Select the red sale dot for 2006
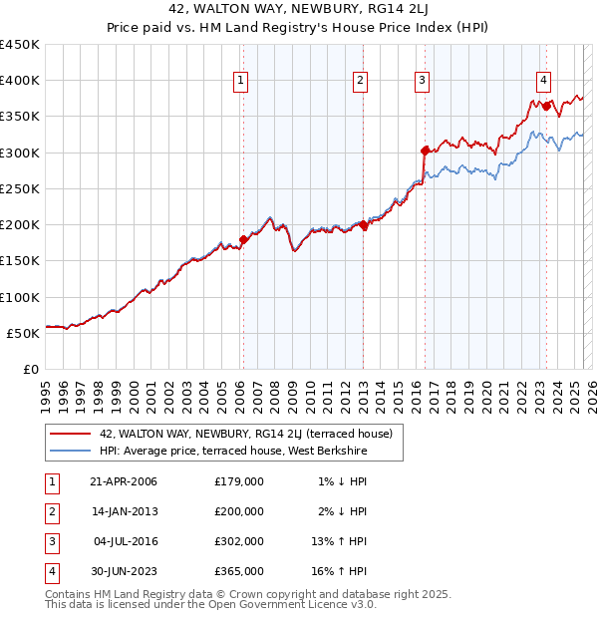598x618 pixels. [x=242, y=239]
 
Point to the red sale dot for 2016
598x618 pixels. [x=425, y=151]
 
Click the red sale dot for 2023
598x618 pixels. [x=546, y=105]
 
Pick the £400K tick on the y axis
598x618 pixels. [x=20, y=81]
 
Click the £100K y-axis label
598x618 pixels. [x=20, y=297]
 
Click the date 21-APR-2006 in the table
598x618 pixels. [x=124, y=481]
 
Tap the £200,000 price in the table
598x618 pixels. [x=239, y=511]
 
